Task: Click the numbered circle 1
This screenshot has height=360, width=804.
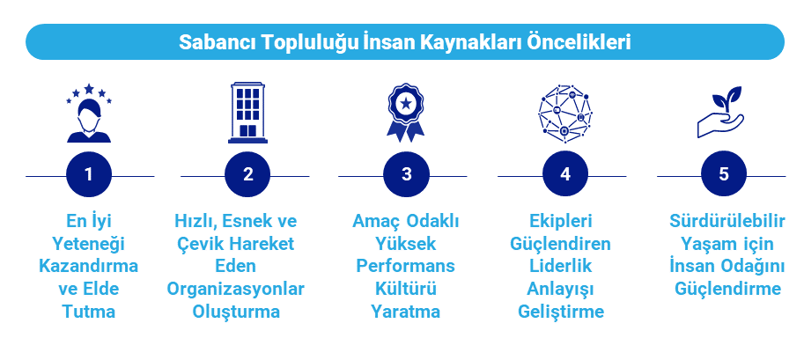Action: [89, 174]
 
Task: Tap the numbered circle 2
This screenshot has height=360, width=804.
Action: [247, 174]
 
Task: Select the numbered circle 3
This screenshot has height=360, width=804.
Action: [406, 174]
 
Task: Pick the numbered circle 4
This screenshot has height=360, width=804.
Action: [564, 174]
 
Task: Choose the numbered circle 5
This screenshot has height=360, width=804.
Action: [723, 174]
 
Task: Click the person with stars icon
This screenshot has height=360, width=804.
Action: [89, 114]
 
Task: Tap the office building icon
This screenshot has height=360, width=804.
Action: [248, 113]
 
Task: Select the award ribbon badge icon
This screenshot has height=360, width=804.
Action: [406, 113]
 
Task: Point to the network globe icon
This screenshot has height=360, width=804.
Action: [565, 113]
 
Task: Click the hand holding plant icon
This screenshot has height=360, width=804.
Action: [722, 112]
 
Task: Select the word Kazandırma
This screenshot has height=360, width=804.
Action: [89, 266]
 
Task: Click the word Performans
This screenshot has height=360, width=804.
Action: [406, 266]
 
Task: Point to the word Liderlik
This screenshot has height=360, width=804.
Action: [564, 266]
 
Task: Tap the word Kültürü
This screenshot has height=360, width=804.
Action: [406, 289]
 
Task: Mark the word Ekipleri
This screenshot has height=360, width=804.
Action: [564, 220]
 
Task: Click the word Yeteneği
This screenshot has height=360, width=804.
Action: [89, 243]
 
